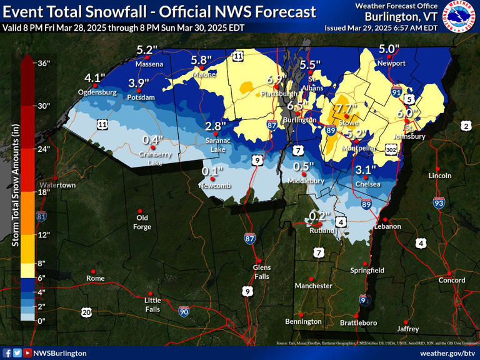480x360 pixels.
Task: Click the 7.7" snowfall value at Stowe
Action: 346,108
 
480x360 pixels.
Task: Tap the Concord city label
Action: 451,280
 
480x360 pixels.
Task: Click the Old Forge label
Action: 142,222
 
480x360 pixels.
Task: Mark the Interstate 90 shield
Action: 183,311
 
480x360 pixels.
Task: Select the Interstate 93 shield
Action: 439,202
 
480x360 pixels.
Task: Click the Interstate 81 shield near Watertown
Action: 42,216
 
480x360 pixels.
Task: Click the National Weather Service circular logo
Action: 459,16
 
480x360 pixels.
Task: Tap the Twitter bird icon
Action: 17,353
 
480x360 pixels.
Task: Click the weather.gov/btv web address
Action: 443,353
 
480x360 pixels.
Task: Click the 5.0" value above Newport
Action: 389,49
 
